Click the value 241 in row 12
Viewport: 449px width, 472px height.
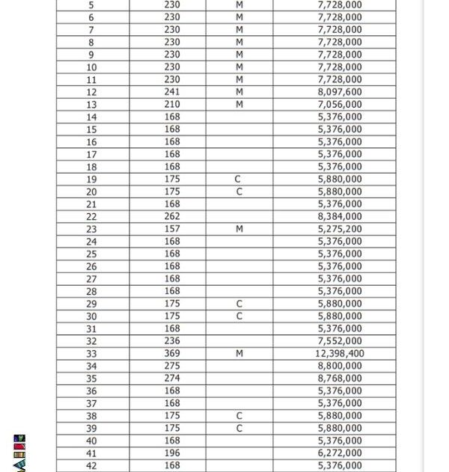(172, 92)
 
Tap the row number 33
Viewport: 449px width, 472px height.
(91, 354)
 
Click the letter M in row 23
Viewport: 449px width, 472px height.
(239, 229)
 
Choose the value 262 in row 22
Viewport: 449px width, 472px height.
(172, 217)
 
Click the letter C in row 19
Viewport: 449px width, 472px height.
(239, 180)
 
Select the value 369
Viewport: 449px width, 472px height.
(172, 354)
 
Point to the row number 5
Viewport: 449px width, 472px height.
(91, 5)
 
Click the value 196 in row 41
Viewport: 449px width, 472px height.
(172, 453)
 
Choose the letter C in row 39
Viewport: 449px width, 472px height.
(239, 429)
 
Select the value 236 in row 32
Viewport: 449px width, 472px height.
(172, 341)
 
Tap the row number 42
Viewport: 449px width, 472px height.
(91, 466)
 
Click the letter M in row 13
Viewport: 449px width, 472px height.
(239, 105)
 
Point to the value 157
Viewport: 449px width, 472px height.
(172, 229)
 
